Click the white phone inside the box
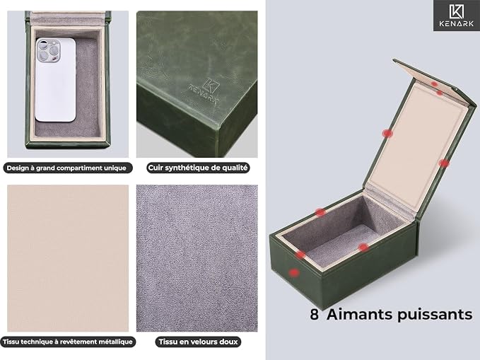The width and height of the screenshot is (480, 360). click(x=55, y=80)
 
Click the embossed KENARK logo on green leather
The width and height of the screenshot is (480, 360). click(x=205, y=92)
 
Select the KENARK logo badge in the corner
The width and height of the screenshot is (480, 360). click(x=457, y=16)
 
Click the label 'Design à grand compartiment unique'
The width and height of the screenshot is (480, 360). click(x=66, y=168)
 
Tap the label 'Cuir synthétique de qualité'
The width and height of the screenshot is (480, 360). click(x=198, y=168)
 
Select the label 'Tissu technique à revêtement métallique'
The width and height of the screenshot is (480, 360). click(x=68, y=342)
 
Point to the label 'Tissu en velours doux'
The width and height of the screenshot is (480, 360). click(x=199, y=342)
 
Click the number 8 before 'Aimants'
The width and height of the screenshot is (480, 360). click(x=315, y=314)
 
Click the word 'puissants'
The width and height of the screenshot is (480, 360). click(x=435, y=315)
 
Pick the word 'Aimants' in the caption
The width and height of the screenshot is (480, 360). click(x=359, y=314)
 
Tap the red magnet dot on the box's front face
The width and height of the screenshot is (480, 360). click(x=294, y=272)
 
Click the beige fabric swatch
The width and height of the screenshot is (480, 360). click(x=68, y=258)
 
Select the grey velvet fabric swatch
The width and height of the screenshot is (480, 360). click(x=197, y=258)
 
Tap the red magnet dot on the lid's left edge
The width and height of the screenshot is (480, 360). click(x=387, y=133)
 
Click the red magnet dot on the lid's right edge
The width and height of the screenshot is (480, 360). click(x=443, y=163)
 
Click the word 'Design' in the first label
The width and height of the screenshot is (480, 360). click(x=16, y=168)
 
